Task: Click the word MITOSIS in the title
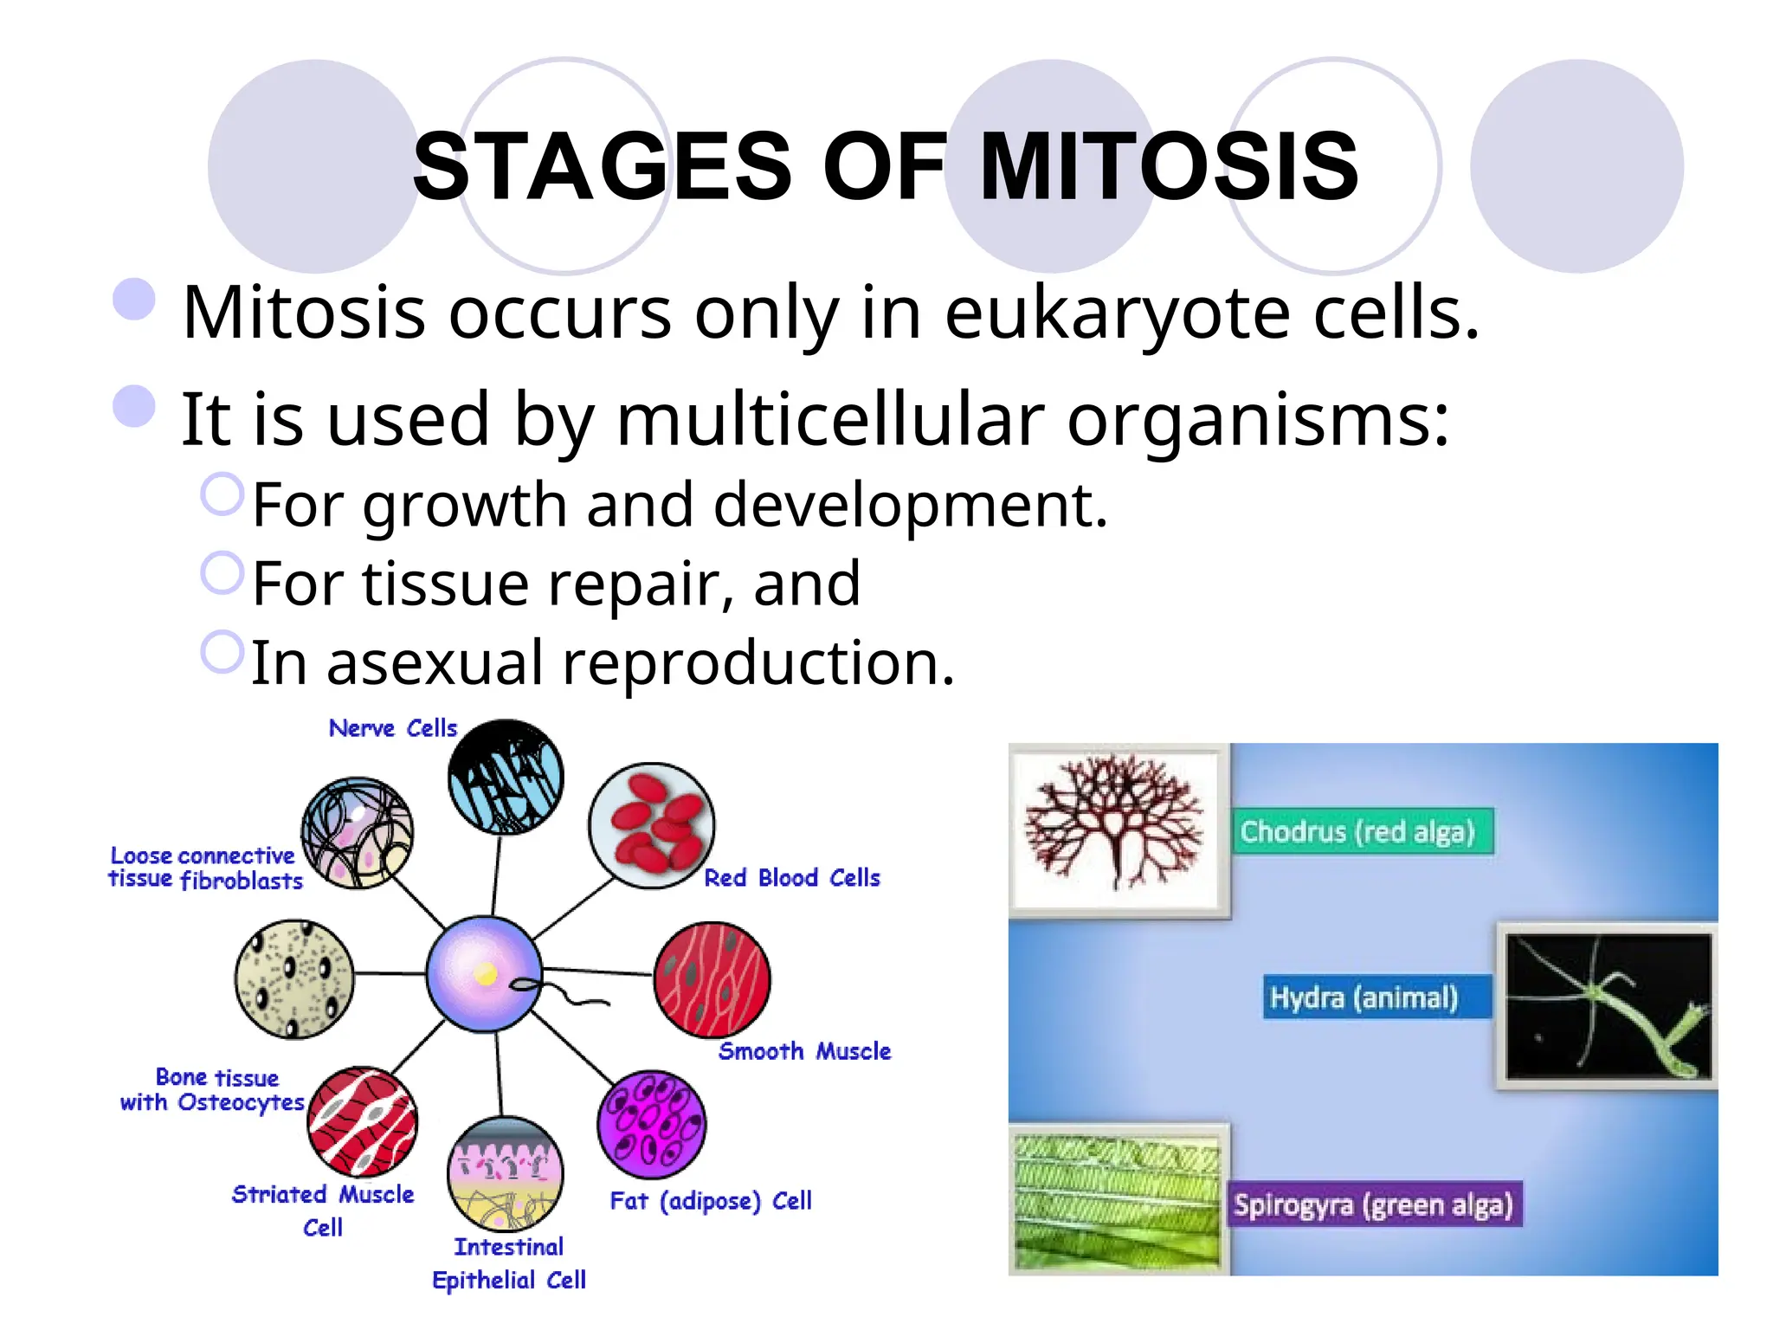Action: tap(1169, 166)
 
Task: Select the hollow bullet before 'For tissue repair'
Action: tap(222, 573)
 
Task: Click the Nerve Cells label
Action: tap(392, 728)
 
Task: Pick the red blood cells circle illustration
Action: tap(651, 825)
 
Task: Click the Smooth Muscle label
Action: tap(804, 1051)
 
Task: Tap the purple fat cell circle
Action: tap(651, 1124)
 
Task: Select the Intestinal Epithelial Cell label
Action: tap(509, 1263)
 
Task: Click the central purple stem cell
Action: tap(484, 973)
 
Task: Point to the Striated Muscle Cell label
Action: tap(323, 1210)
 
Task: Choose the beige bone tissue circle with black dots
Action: tap(294, 978)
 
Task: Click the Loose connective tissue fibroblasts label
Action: tap(205, 868)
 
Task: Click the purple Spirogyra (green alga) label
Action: tap(1373, 1204)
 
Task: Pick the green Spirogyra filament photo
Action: tap(1117, 1199)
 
